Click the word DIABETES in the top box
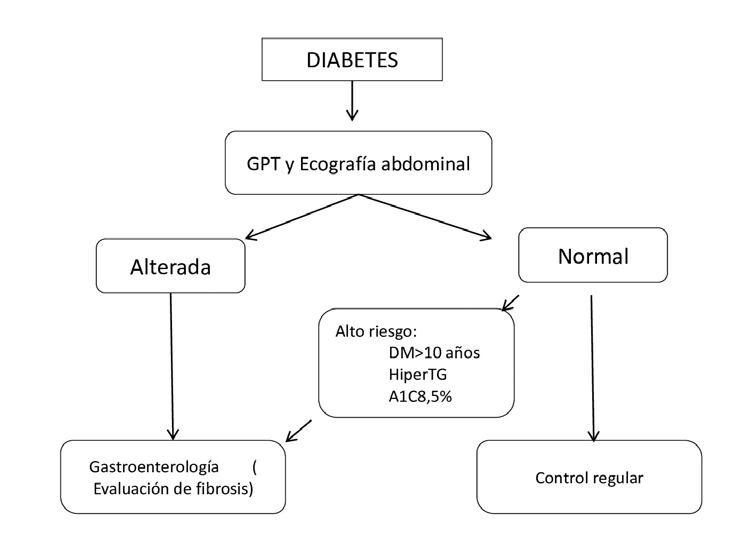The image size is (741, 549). [352, 61]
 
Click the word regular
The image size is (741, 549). [621, 477]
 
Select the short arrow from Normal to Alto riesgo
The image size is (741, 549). [510, 301]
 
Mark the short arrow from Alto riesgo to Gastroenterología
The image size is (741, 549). [299, 431]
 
